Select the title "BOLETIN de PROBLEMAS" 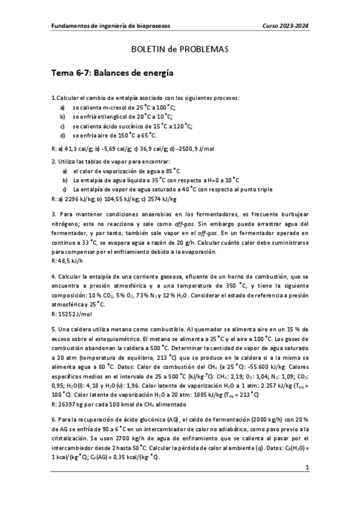tap(180, 51)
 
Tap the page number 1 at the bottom tap(307, 467)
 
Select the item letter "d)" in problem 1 tap(63, 136)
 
